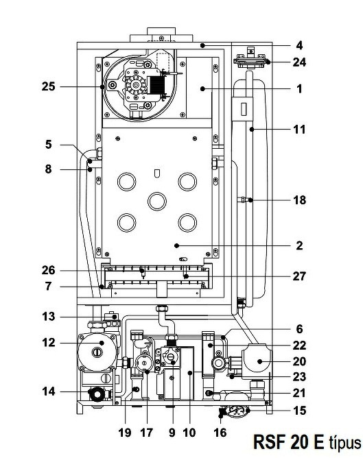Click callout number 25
48,86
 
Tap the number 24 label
299,62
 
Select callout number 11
299,129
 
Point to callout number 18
300,200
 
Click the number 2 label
299,245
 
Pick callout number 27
299,276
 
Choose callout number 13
48,316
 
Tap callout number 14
49,391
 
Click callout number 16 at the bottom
220,433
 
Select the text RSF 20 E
289,442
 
